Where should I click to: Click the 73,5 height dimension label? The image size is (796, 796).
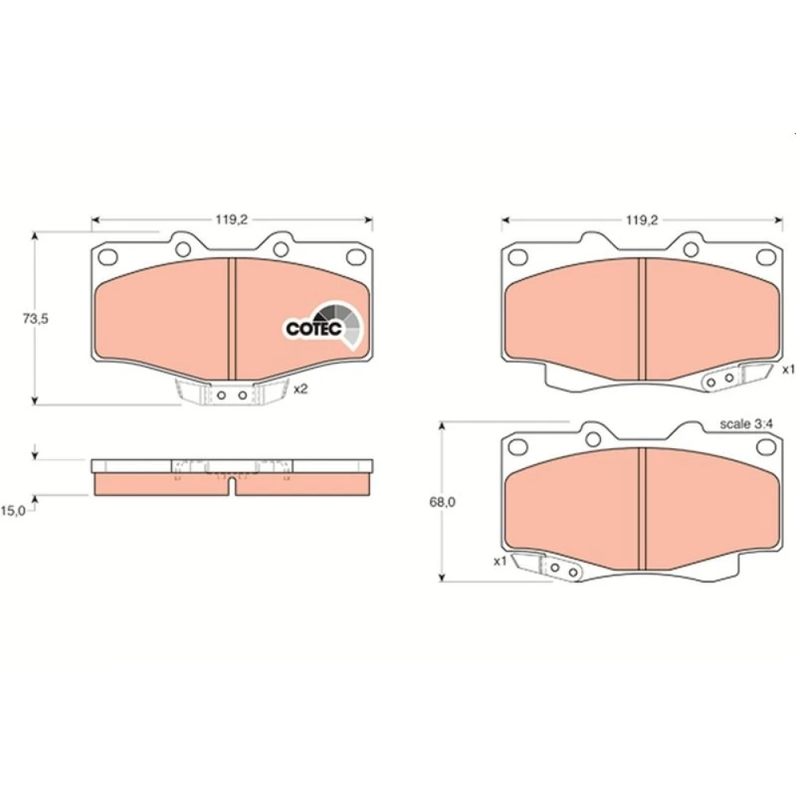(x=36, y=319)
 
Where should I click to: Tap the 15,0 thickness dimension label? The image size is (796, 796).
(x=13, y=511)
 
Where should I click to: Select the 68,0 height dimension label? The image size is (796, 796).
(x=442, y=501)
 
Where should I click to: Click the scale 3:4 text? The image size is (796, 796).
(x=746, y=424)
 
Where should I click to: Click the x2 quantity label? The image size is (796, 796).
(x=301, y=389)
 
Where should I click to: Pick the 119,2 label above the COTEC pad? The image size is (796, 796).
(x=231, y=220)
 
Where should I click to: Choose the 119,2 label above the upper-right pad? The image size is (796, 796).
(x=642, y=220)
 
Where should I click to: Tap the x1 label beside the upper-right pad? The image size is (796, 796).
(x=788, y=369)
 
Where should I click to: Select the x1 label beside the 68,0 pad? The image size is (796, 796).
(x=500, y=561)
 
